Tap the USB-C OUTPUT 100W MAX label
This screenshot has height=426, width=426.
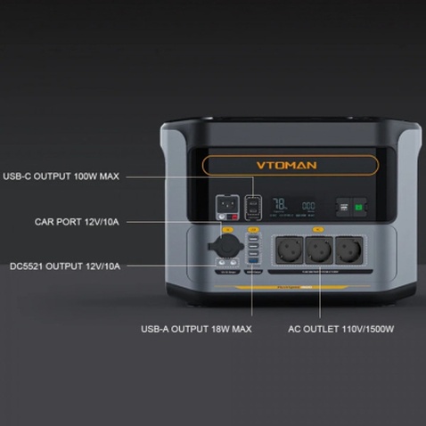click(x=60, y=176)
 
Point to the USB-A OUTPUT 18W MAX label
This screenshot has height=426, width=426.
click(x=196, y=329)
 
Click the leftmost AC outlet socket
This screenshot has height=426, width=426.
click(x=289, y=250)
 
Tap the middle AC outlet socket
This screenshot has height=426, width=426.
click(x=318, y=250)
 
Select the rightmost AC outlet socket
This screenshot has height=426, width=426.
click(x=348, y=250)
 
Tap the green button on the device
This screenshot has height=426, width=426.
click(x=360, y=207)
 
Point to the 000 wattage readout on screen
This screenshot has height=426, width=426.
click(x=308, y=206)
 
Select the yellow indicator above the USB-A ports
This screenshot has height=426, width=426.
click(x=254, y=230)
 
